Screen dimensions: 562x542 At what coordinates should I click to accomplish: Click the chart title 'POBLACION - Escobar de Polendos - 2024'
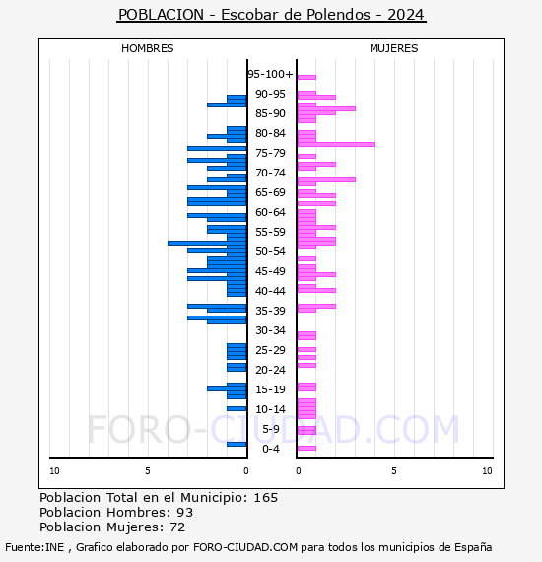click(271, 15)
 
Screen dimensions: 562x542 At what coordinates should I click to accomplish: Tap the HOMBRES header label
click(147, 48)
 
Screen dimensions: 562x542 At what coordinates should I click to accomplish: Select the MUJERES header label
click(393, 48)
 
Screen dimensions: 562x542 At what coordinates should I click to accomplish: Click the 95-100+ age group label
click(270, 74)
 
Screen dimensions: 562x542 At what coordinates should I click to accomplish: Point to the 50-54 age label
click(270, 251)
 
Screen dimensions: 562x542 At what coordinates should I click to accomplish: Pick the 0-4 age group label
click(271, 449)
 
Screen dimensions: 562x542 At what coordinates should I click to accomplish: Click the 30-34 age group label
click(270, 330)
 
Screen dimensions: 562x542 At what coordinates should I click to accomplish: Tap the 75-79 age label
click(270, 153)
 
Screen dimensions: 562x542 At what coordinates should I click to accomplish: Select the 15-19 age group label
click(270, 389)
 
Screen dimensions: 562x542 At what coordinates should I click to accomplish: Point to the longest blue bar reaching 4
click(207, 243)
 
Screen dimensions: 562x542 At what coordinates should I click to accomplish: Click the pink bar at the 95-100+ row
click(306, 77)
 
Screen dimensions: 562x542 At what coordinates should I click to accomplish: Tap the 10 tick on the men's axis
click(54, 471)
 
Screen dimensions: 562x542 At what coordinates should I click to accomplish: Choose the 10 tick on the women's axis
click(487, 471)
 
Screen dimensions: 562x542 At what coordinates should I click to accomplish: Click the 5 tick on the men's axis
click(147, 471)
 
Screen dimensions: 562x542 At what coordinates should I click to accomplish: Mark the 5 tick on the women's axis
click(393, 471)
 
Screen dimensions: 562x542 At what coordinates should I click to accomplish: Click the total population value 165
click(265, 498)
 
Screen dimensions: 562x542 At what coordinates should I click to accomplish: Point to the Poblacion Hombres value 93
click(184, 513)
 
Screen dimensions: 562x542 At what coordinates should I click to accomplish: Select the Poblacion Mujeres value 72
click(177, 527)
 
